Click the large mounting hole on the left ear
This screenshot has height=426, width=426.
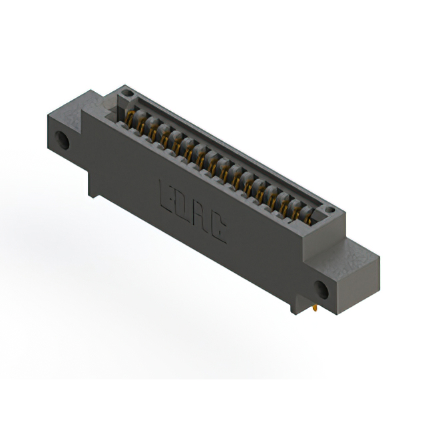(62, 140)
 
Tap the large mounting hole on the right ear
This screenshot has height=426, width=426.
(321, 290)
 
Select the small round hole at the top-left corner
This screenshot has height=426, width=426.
(127, 93)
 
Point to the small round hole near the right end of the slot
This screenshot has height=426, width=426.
(330, 210)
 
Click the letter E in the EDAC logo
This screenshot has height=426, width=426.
(168, 197)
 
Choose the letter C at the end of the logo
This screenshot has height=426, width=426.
(218, 226)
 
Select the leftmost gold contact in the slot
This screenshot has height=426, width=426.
(130, 120)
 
